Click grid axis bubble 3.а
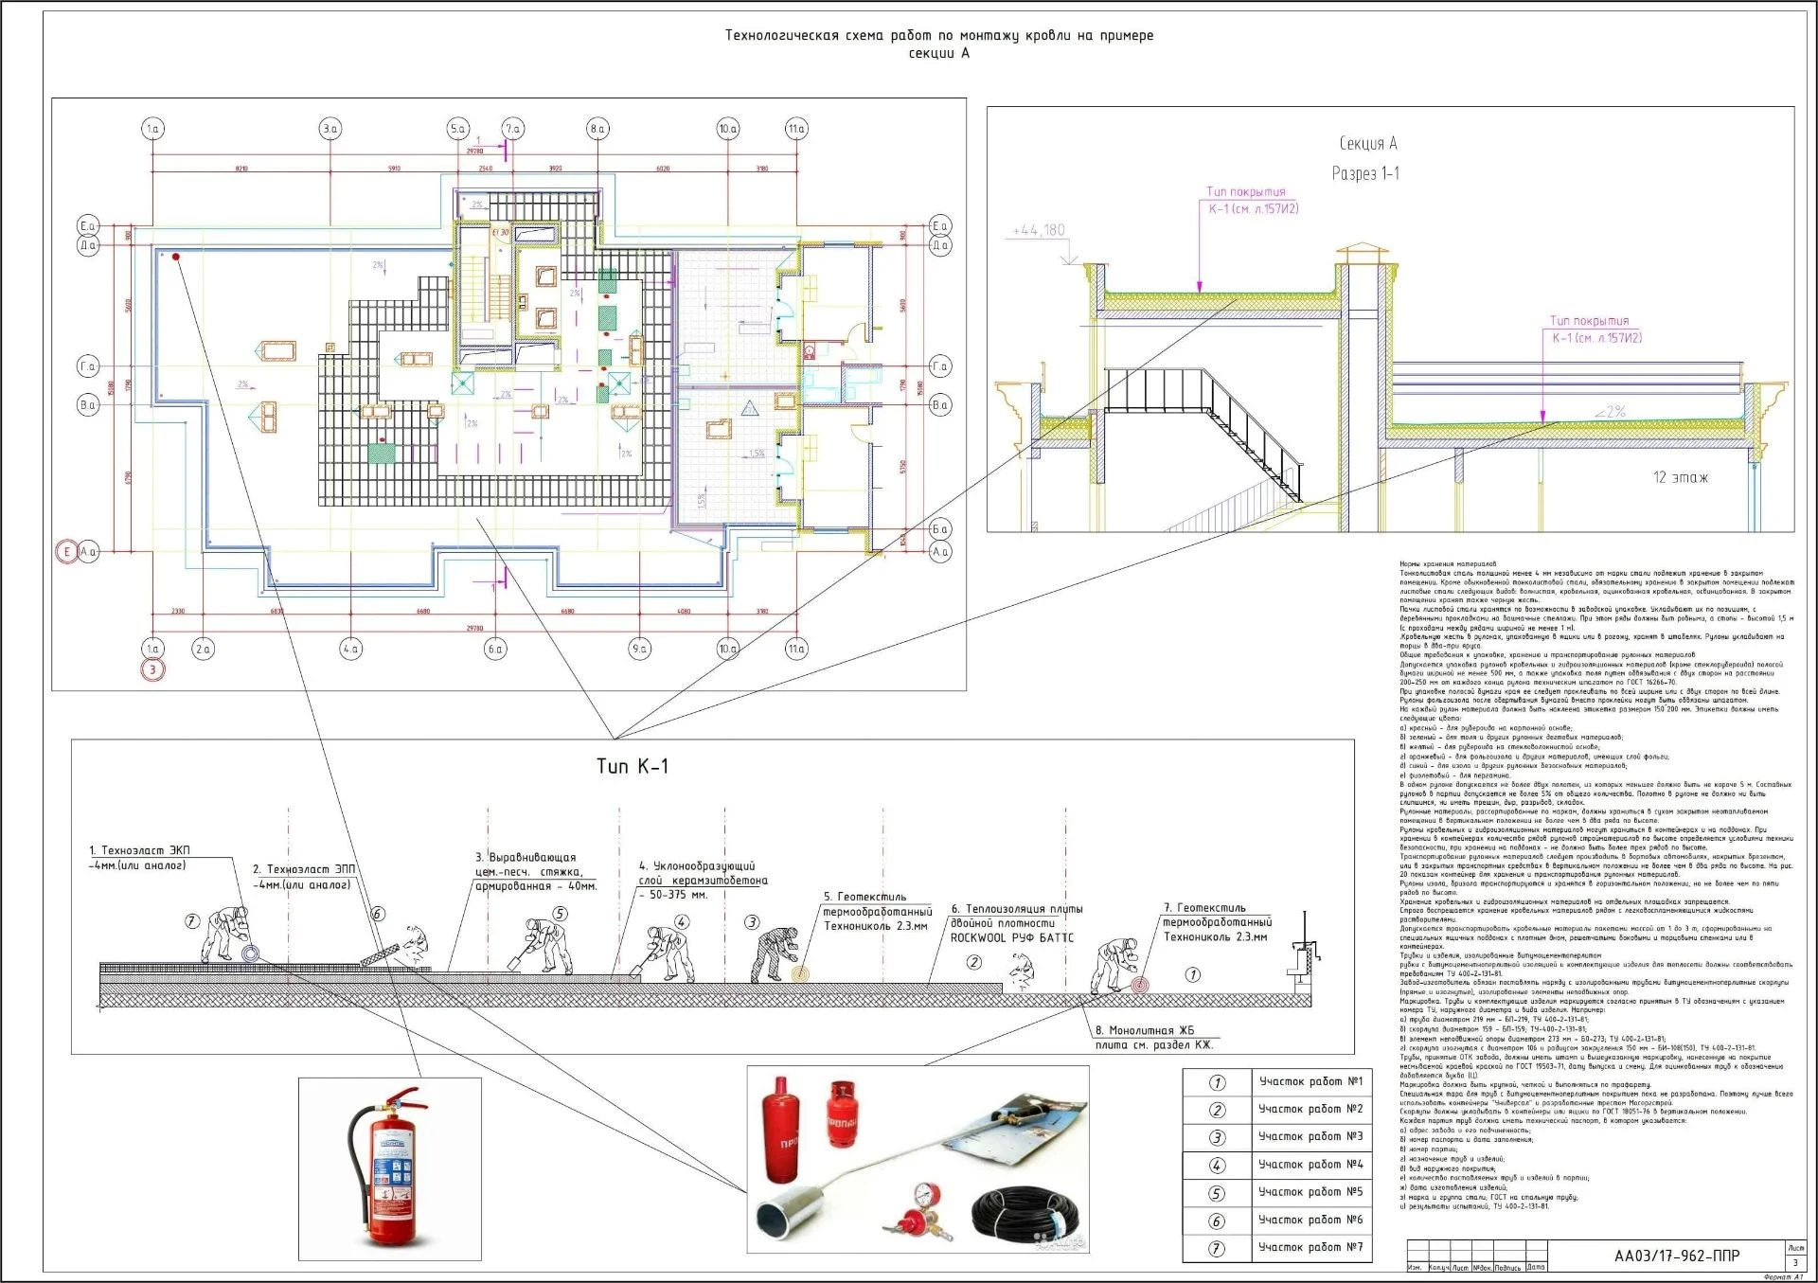[x=330, y=129]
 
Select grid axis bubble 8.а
[x=597, y=129]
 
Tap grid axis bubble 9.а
[x=639, y=649]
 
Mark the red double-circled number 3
[x=152, y=670]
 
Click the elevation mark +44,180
[x=1039, y=230]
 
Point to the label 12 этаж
[x=1681, y=477]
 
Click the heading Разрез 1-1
[x=1365, y=173]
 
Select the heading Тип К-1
[x=632, y=766]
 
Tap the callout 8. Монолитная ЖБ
[x=1145, y=1030]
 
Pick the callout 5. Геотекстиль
[x=864, y=897]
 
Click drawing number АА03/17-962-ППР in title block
[x=1677, y=1256]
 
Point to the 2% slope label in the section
[x=1609, y=412]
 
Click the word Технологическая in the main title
[x=781, y=36]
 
